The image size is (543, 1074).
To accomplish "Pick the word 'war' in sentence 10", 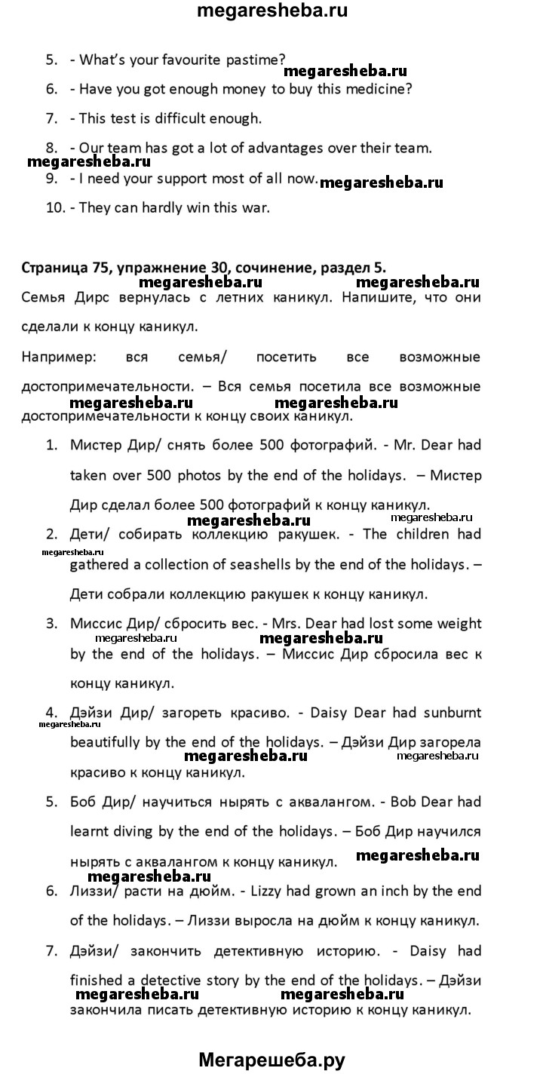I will pos(256,207).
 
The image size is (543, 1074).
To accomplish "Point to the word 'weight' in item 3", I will pos(455,624).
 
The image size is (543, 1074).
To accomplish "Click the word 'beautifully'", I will pos(108,743).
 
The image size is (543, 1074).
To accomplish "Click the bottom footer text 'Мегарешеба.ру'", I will pos(271,1060).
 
